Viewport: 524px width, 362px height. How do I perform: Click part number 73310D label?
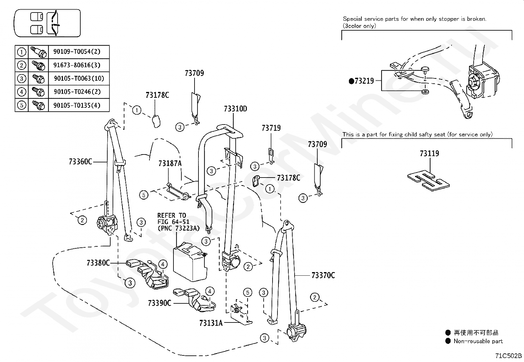coord(235,109)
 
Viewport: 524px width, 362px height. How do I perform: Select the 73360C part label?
coord(81,162)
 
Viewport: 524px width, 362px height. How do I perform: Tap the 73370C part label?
coord(323,275)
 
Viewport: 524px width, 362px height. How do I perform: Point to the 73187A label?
coord(170,163)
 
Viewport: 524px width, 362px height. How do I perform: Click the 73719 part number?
coord(271,128)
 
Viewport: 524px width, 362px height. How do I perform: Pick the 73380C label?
coord(98,263)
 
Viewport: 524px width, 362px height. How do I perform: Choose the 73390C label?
coord(160,303)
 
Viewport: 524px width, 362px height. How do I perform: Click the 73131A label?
coord(211,323)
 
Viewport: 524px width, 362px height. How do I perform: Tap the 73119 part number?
coord(429,153)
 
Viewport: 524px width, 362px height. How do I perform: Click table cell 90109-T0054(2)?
coord(77,52)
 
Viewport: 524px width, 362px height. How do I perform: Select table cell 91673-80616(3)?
coord(77,65)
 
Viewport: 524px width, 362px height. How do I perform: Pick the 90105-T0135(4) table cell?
coord(77,106)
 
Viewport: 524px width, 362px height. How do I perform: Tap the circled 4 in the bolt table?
coord(21,92)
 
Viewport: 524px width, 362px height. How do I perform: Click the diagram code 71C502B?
coord(509,356)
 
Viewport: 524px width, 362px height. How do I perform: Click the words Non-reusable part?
coord(478,341)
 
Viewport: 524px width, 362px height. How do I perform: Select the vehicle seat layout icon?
coord(47,23)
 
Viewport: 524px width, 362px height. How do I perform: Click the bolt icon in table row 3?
coord(38,78)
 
